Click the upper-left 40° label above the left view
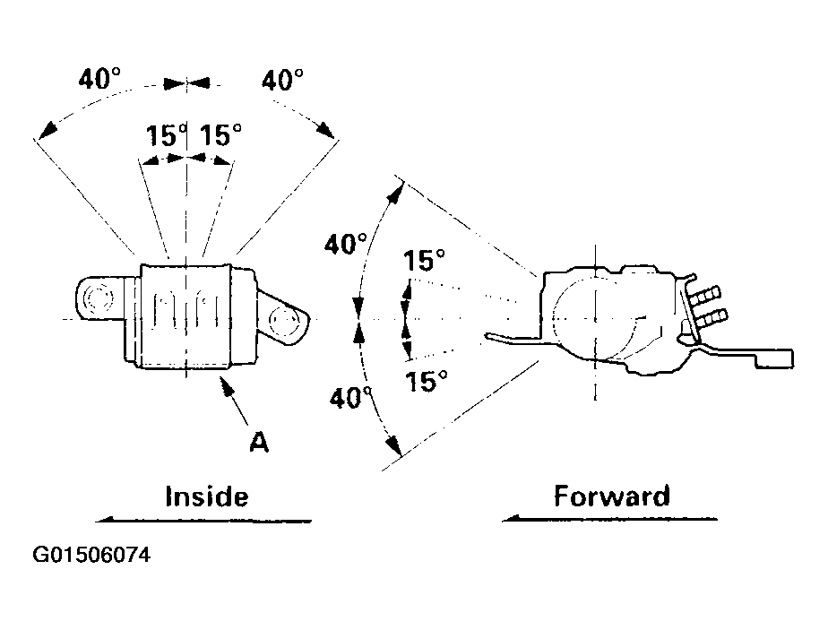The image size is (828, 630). pos(99,79)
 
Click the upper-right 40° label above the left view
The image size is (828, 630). pos(282,80)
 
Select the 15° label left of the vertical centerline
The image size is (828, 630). pos(167,135)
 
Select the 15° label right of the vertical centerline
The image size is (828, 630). pos(220,134)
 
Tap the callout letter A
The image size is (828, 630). pos(259,442)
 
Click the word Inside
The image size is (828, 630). pos(206,496)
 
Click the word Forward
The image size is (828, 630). pos(612,496)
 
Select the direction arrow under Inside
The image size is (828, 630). pos(203,521)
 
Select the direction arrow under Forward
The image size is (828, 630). pos(609,519)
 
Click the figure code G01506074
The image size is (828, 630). pos(91,555)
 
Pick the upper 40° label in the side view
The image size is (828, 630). pos(345,244)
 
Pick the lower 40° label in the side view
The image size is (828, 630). pos(350,398)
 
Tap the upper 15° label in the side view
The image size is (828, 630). pos(424,261)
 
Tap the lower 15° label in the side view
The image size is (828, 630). pos(427,381)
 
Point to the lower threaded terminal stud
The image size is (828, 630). pos(711,318)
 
